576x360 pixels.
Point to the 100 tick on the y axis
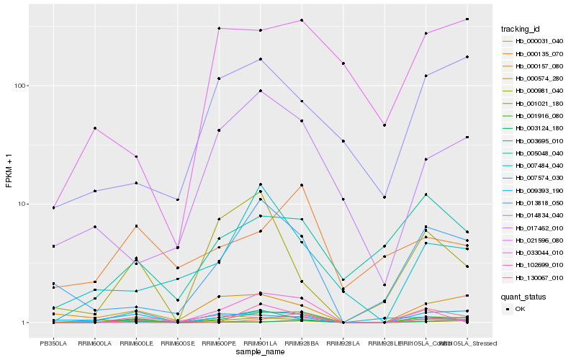pos(19,86)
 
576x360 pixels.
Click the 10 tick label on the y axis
pos(22,204)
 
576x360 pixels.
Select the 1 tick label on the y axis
pos(24,323)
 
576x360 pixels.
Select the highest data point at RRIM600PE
pos(219,28)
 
